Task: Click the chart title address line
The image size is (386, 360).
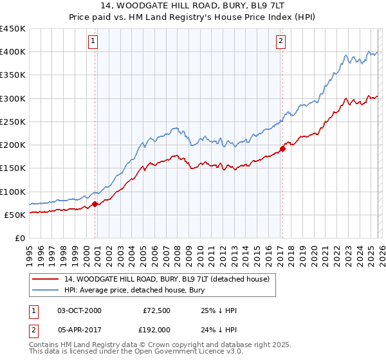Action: tap(193, 6)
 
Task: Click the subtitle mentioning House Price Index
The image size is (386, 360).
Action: tap(193, 17)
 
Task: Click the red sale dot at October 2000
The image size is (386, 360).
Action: tap(95, 204)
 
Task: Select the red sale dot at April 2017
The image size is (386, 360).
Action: tap(282, 148)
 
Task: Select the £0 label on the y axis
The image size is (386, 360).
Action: tap(20, 238)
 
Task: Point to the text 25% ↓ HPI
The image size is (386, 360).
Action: tap(219, 310)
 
